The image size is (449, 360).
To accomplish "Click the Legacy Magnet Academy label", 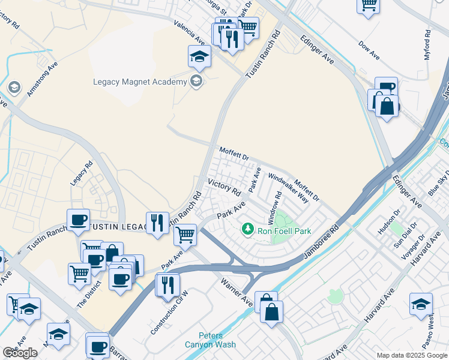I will (x=139, y=82).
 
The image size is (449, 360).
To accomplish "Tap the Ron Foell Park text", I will (x=284, y=230).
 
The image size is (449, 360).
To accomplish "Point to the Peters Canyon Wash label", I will (x=218, y=340).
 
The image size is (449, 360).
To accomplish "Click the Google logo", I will (x=20, y=353).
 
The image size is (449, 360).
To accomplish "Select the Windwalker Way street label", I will (x=288, y=188).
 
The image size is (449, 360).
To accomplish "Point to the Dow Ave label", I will (x=369, y=50).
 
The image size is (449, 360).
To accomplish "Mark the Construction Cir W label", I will (x=169, y=313).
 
